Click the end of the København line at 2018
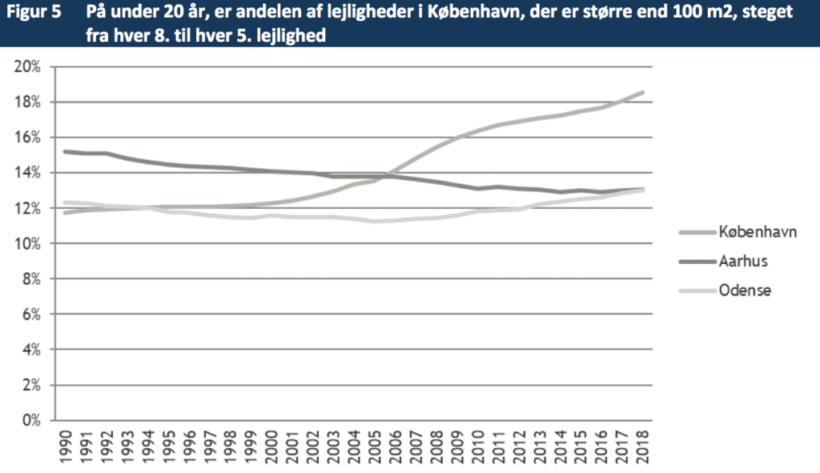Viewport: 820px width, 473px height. click(x=643, y=92)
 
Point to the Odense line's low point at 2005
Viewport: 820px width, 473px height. click(x=374, y=221)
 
